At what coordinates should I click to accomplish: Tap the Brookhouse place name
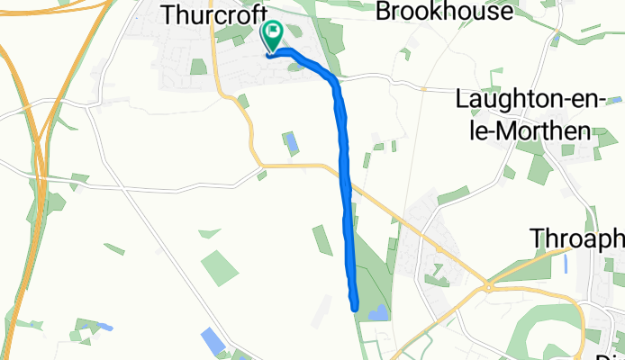click(x=443, y=12)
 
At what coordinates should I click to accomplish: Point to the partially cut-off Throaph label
click(x=576, y=238)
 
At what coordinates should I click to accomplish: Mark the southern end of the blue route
click(x=356, y=306)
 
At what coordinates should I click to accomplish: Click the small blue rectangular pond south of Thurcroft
click(x=291, y=143)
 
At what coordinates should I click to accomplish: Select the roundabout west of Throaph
click(x=487, y=287)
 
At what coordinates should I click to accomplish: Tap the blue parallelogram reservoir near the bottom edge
click(x=213, y=341)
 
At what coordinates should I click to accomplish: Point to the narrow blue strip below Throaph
click(x=565, y=264)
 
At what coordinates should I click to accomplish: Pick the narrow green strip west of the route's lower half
click(x=322, y=239)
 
